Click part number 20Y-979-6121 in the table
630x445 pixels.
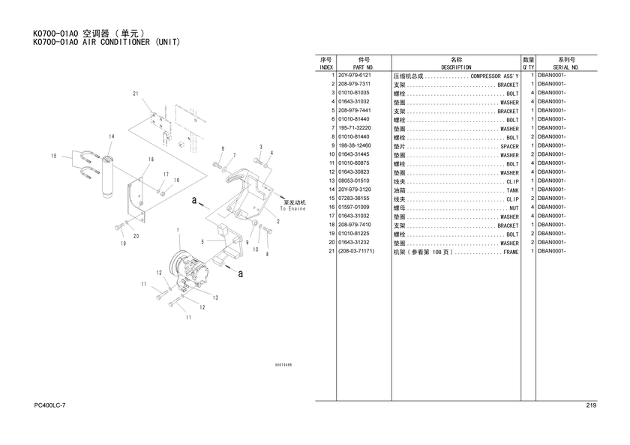[354, 75]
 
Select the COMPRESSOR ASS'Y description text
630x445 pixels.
[494, 76]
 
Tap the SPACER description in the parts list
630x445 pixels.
[509, 147]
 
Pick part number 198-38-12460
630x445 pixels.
[354, 145]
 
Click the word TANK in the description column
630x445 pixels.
[513, 190]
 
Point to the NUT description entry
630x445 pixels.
[514, 208]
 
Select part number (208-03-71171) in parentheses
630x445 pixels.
[356, 251]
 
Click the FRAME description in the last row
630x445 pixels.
[511, 252]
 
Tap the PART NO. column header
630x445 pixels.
[364, 67]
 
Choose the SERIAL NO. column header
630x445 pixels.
[566, 67]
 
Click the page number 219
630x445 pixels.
[591, 405]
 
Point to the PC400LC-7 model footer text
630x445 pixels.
[49, 405]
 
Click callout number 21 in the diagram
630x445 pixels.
[136, 94]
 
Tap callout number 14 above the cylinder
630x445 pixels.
[111, 136]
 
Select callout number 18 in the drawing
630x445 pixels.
[151, 160]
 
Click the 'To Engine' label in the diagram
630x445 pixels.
[293, 209]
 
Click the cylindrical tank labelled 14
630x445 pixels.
[107, 177]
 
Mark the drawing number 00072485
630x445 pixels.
[283, 365]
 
